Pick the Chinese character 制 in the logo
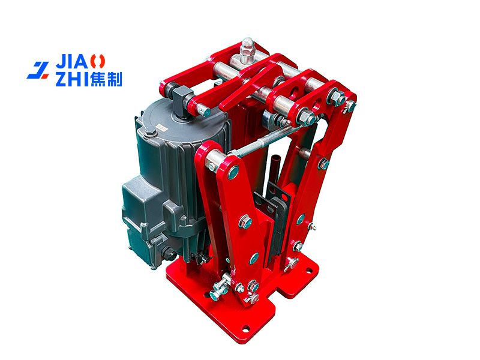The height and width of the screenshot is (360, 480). [x=114, y=80]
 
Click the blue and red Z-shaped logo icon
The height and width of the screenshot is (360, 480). [x=38, y=70]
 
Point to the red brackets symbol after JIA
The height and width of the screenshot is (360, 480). [x=98, y=62]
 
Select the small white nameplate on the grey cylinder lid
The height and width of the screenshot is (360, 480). [x=160, y=127]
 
